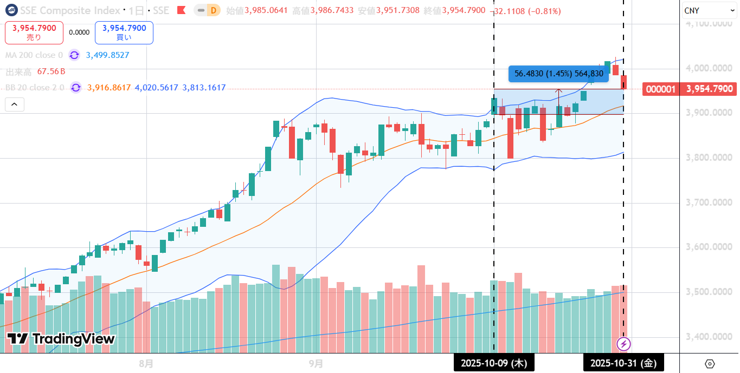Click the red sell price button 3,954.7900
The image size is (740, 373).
pos(34,32)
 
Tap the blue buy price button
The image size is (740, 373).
pos(124,32)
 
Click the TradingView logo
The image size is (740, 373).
pos(61,339)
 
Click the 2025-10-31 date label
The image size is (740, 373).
pos(623,363)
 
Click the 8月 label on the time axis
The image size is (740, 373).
pos(146,363)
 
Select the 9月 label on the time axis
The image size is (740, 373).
pos(316,363)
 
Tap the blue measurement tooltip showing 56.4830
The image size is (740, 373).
pos(558,74)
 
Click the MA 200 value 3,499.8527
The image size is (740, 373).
pos(107,55)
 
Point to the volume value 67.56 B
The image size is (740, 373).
pos(51,71)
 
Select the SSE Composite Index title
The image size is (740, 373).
pos(70,10)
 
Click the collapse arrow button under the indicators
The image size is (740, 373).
pos(14,104)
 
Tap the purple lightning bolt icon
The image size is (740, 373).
pos(624,344)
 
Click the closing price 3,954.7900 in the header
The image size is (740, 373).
pos(464,11)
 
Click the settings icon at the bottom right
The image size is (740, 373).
pos(710,363)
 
